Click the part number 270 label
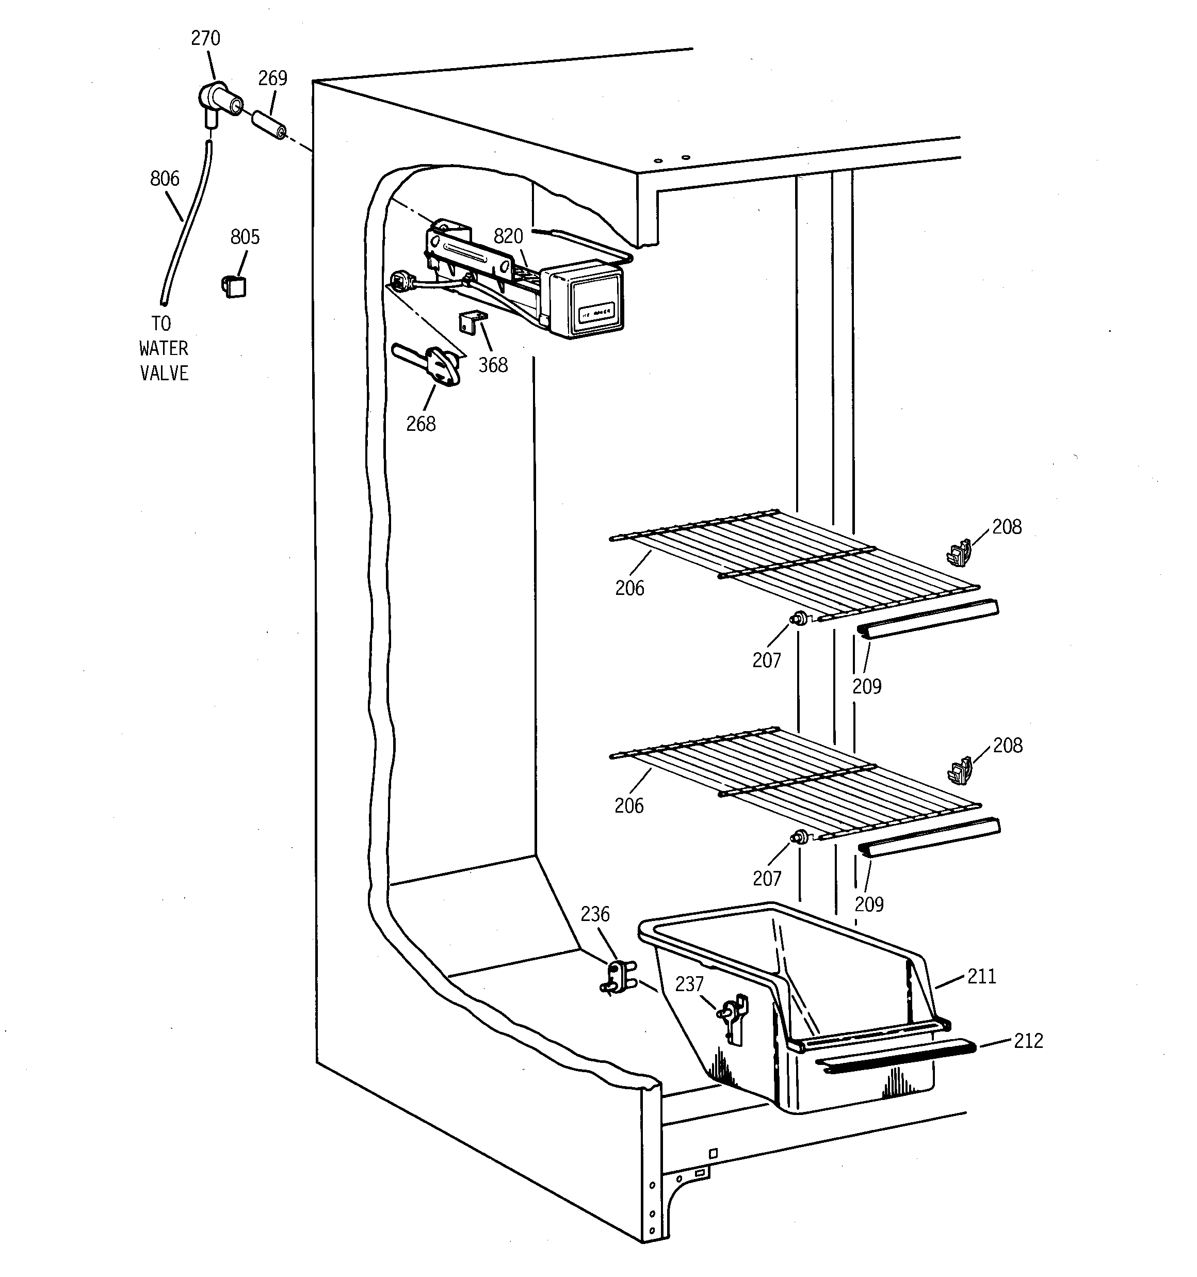pyautogui.click(x=205, y=39)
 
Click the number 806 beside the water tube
pyautogui.click(x=165, y=179)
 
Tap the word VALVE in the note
pyautogui.click(x=165, y=373)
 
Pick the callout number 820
pyautogui.click(x=508, y=236)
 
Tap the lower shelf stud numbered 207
pyautogui.click(x=799, y=836)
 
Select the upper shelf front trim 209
pyautogui.click(x=928, y=619)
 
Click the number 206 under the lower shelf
pyautogui.click(x=628, y=805)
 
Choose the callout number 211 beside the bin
pyautogui.click(x=981, y=976)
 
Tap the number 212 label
pyautogui.click(x=1028, y=1041)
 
